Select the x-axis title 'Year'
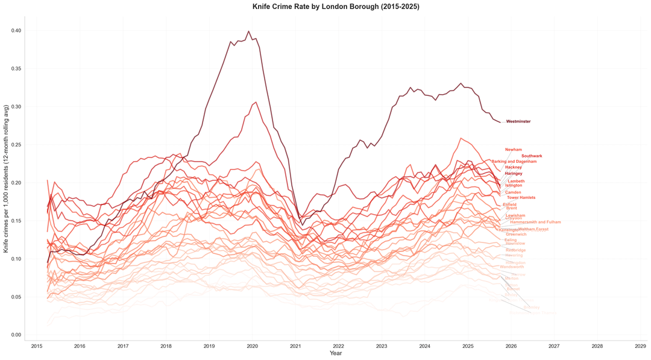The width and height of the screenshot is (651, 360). (x=336, y=353)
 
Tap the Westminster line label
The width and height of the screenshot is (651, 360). (x=518, y=122)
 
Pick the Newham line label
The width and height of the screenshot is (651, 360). (x=514, y=150)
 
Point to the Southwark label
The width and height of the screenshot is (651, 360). (x=532, y=156)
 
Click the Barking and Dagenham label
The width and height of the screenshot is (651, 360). (x=514, y=162)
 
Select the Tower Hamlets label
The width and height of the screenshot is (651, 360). (x=521, y=198)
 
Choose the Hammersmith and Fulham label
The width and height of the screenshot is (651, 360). (x=535, y=222)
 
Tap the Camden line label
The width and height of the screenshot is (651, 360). (x=513, y=192)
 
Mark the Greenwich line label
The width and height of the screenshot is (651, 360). (x=516, y=235)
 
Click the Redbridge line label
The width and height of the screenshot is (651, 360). (x=515, y=250)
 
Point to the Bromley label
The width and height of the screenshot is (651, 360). (x=532, y=308)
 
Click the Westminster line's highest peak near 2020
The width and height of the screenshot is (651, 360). (x=249, y=31)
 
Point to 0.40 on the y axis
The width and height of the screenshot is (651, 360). (x=16, y=31)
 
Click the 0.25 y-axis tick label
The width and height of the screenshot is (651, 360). (x=16, y=145)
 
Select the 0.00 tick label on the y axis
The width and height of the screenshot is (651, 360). (x=16, y=335)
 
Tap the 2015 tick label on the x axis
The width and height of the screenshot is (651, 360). (x=37, y=347)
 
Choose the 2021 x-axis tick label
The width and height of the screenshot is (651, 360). (x=295, y=347)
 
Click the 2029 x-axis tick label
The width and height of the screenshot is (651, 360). (x=641, y=347)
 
